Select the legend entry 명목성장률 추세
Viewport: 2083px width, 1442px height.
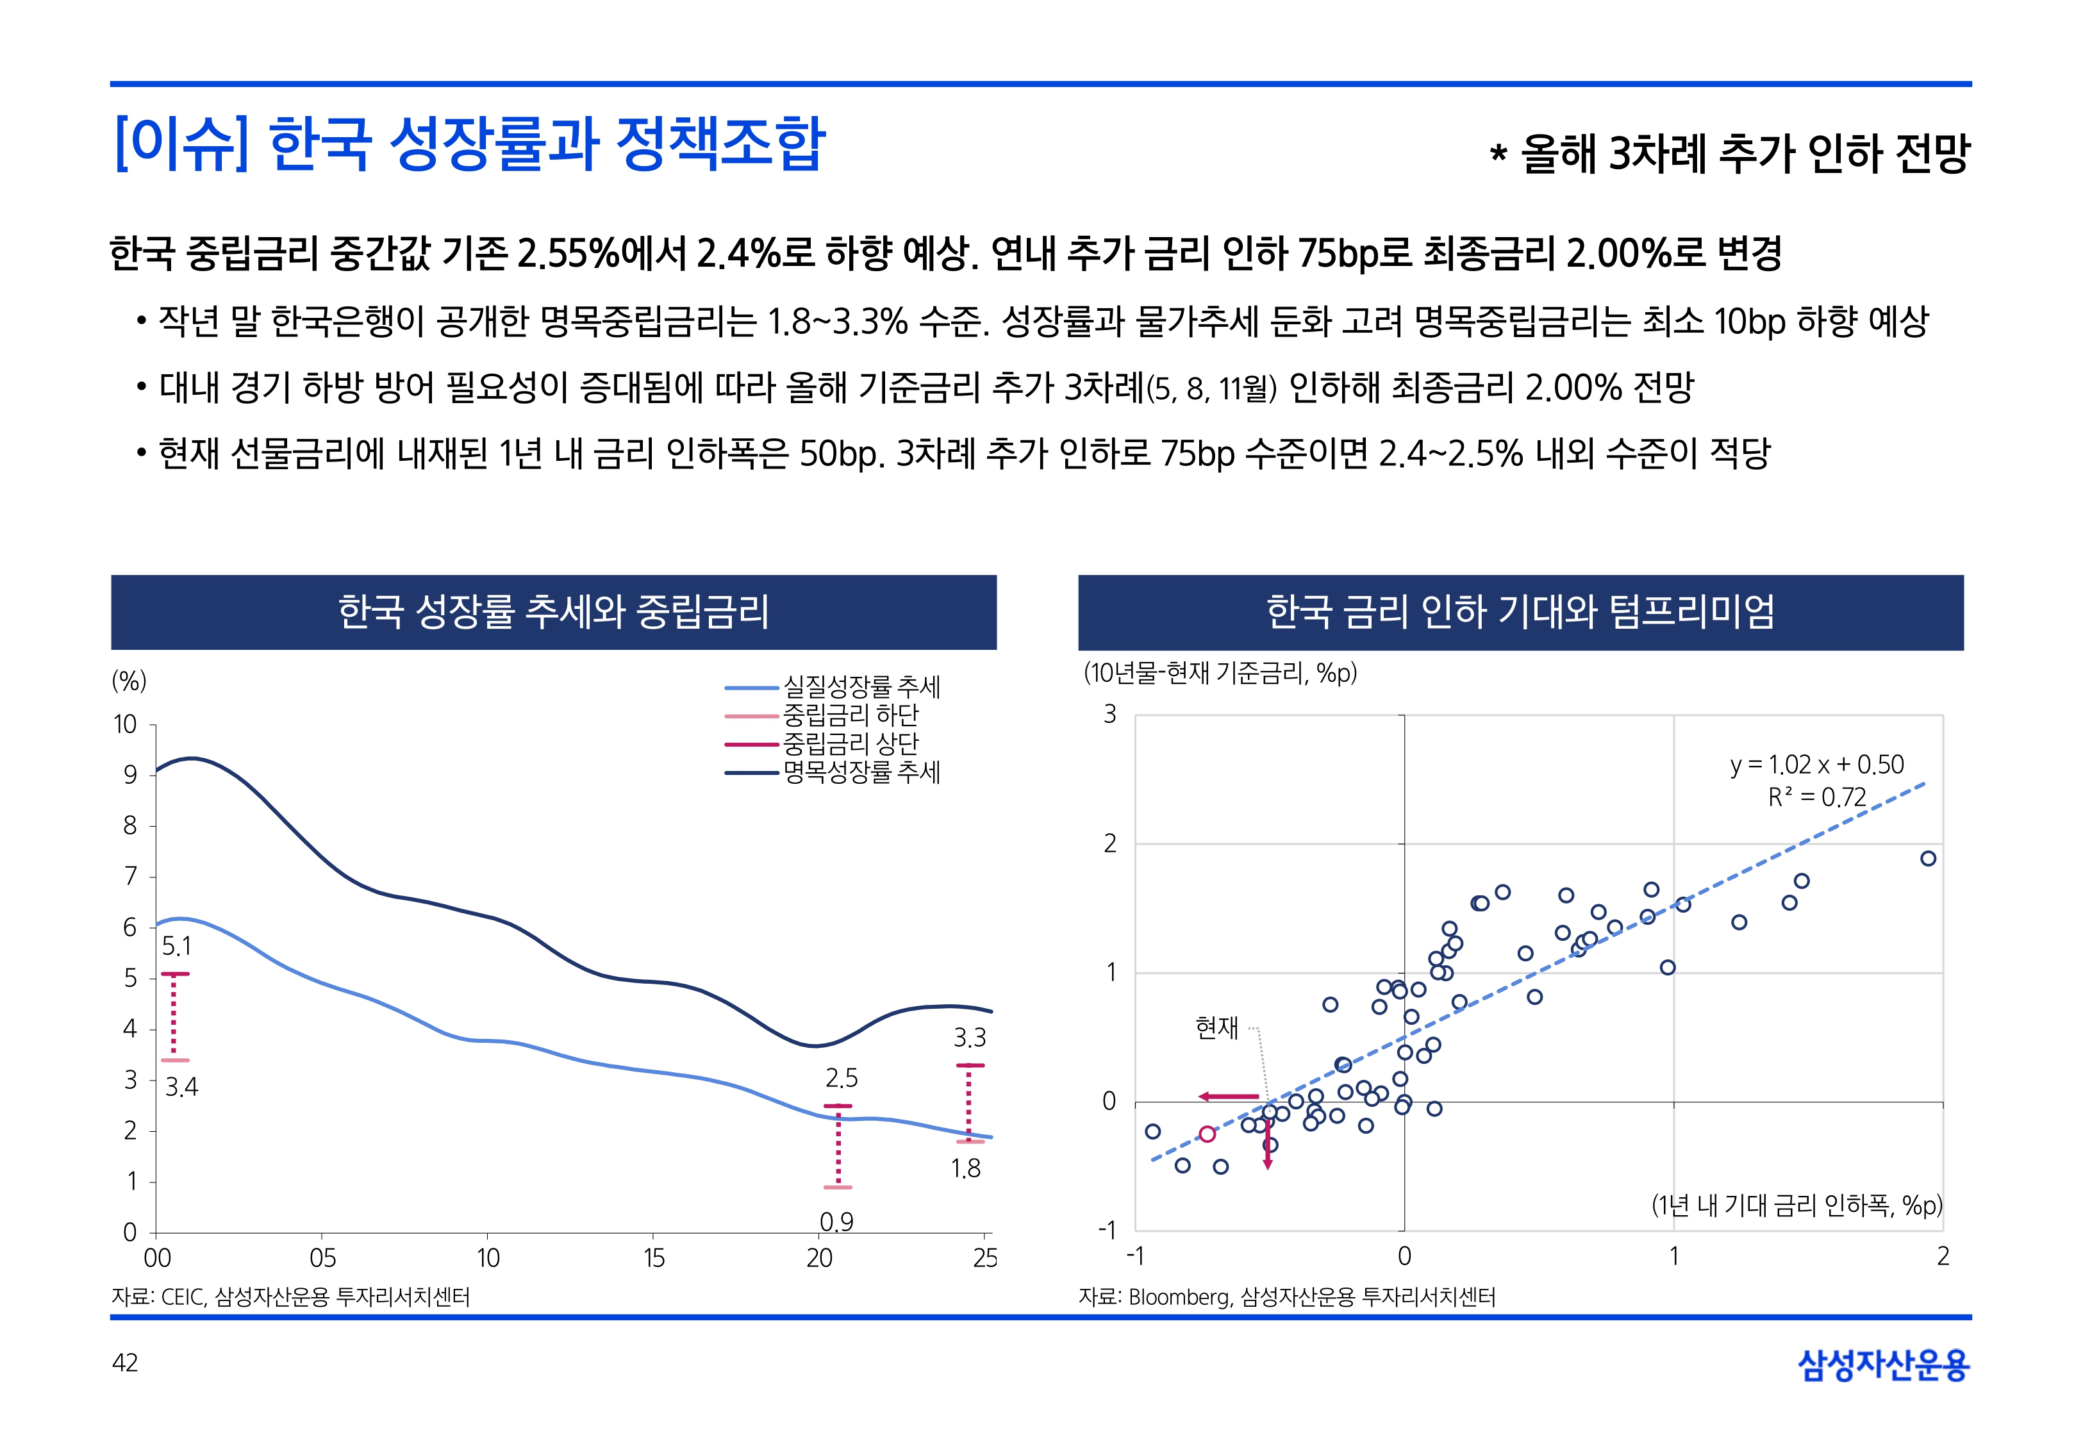click(x=861, y=772)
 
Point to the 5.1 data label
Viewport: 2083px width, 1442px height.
click(x=177, y=946)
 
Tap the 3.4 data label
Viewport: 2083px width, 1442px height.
click(x=181, y=1087)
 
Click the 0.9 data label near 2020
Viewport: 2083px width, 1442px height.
click(x=836, y=1222)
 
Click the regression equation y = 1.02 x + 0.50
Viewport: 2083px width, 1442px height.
click(x=1816, y=765)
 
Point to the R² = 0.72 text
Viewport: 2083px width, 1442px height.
click(x=1816, y=797)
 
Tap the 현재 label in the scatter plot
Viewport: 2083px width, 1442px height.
click(x=1216, y=1027)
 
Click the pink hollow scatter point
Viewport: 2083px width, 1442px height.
click(x=1207, y=1134)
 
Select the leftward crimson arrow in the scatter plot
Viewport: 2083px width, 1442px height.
click(x=1229, y=1097)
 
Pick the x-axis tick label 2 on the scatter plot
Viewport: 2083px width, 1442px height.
click(x=1942, y=1256)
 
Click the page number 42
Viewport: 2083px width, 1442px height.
click(x=124, y=1363)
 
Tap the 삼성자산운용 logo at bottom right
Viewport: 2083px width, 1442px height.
click(x=1884, y=1364)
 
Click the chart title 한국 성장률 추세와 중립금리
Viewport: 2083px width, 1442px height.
click(x=554, y=611)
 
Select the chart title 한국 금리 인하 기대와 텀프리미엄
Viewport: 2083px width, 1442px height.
click(x=1520, y=611)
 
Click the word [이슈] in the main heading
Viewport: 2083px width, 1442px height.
click(x=181, y=144)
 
